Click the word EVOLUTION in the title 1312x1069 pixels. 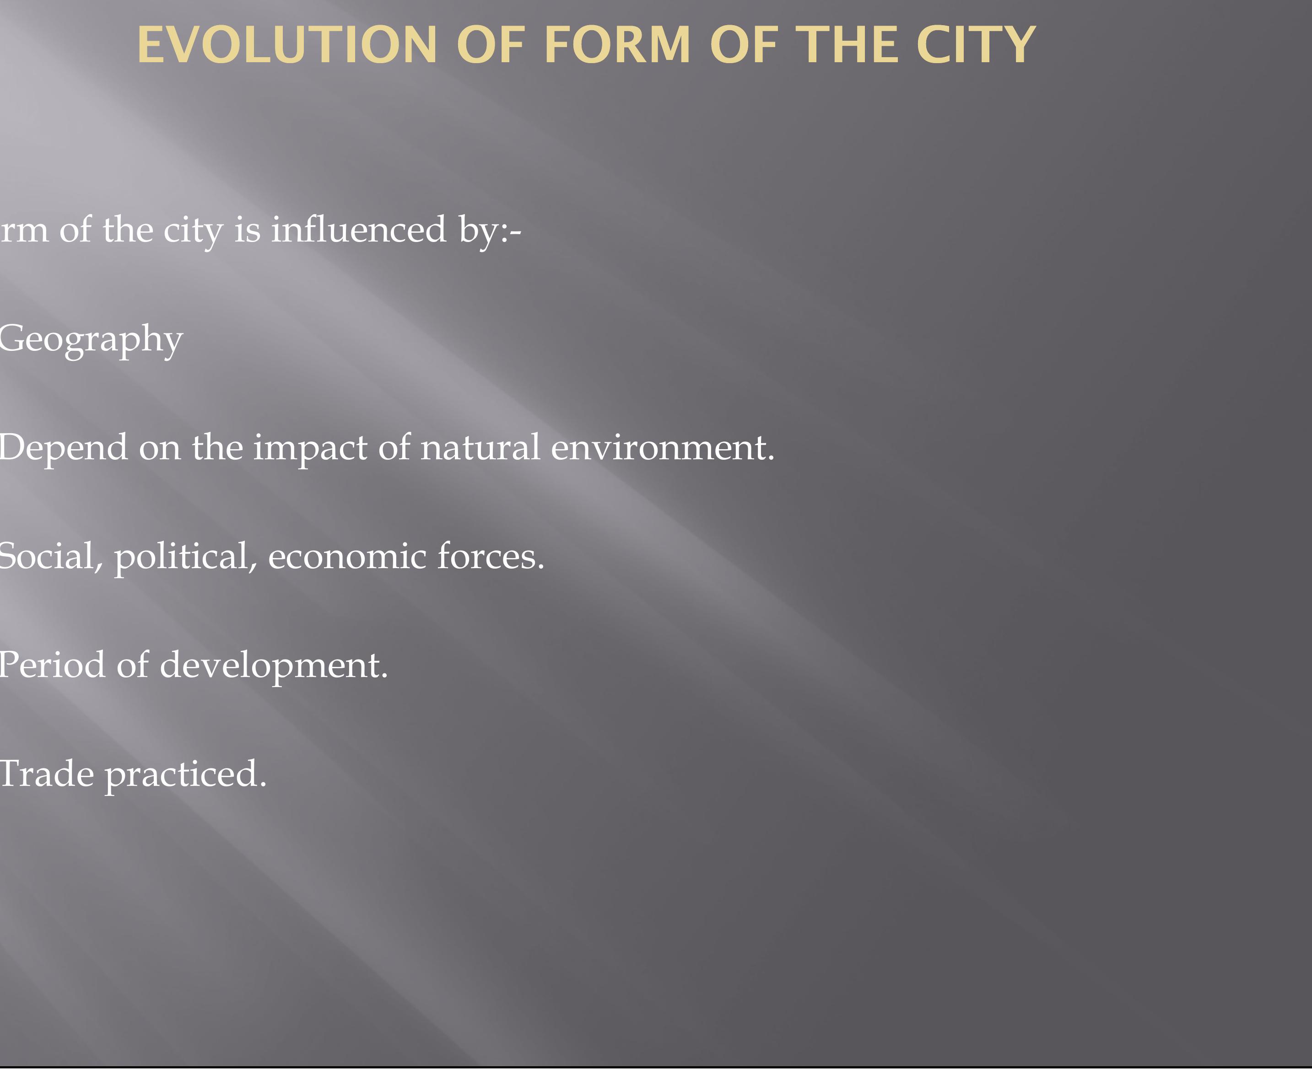coord(287,45)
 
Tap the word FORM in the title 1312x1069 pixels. coord(618,45)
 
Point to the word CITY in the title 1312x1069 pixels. coord(976,45)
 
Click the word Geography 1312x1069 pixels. coord(91,340)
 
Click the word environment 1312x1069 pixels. coord(663,448)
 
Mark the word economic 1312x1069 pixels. coord(347,557)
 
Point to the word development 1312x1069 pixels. coord(274,667)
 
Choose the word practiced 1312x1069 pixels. coord(186,776)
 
